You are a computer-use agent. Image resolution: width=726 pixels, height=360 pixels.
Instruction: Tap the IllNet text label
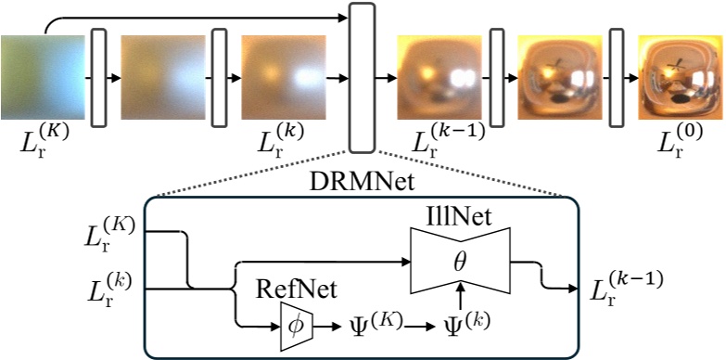coord(453,216)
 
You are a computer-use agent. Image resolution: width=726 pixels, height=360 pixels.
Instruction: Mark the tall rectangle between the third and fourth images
coord(361,77)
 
